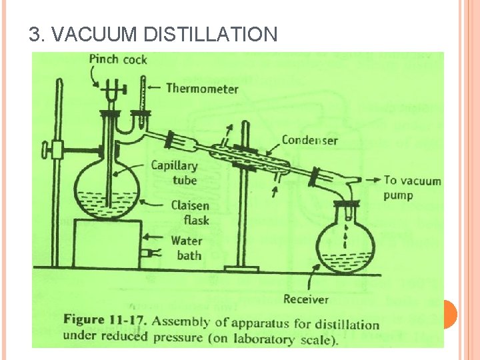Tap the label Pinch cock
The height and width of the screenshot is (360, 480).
click(117, 59)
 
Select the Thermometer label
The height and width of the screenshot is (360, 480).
click(202, 88)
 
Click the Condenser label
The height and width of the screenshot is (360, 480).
click(309, 140)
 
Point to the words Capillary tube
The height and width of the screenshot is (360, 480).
click(174, 173)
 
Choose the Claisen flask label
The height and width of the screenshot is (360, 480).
click(190, 213)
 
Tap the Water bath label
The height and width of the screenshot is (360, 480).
click(187, 248)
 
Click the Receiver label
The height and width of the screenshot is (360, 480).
click(307, 299)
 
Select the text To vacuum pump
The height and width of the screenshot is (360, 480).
click(412, 187)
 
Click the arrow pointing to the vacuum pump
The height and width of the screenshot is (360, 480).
click(371, 180)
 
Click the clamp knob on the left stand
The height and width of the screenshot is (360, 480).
click(46, 147)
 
